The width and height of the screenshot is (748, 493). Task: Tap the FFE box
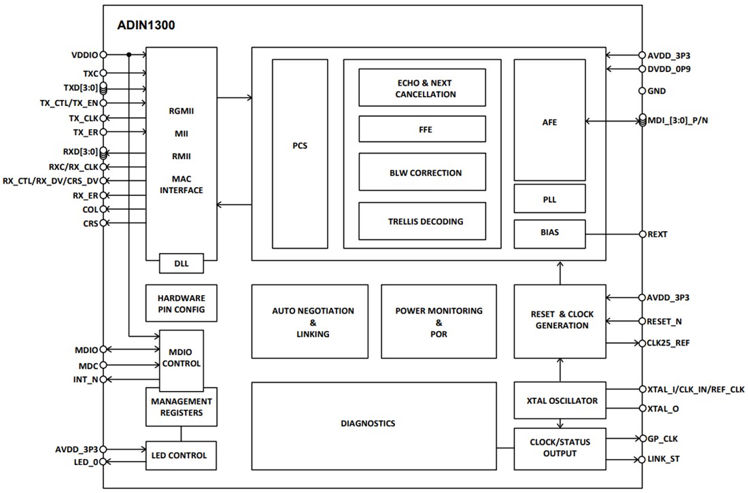pos(422,129)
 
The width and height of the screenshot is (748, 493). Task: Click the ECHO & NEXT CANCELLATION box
pos(422,88)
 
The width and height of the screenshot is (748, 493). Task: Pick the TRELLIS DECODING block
pos(422,221)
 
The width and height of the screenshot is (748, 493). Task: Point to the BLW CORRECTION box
pos(422,173)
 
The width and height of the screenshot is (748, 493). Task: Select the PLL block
pos(549,200)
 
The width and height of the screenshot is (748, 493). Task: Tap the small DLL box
pos(181,262)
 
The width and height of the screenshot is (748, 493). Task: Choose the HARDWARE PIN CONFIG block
pos(181,303)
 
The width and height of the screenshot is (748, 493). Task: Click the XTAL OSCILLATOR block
pos(559,401)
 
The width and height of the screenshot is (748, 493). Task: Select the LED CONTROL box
pos(181,455)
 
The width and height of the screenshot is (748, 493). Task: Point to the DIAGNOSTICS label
pos(367,423)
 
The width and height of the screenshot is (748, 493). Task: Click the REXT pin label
pos(658,235)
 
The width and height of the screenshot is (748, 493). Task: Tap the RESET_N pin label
pos(665,320)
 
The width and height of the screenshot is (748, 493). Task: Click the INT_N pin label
pos(86,379)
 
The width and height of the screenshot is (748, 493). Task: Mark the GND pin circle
pos(641,90)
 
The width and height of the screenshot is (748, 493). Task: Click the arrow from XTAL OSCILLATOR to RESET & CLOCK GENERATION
pos(560,370)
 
